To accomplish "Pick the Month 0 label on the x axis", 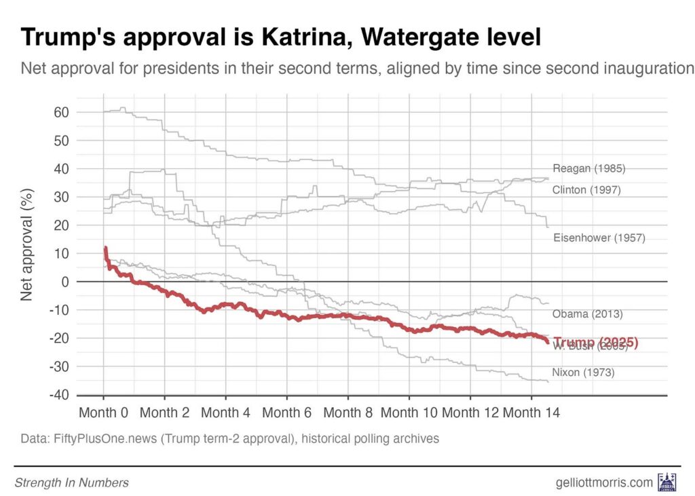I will tap(103, 413).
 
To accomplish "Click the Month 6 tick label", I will tap(287, 413).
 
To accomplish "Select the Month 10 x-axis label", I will tap(409, 413).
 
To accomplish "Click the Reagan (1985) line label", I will tap(588, 169).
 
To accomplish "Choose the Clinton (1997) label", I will tap(586, 190).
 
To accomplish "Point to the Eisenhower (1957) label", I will tap(599, 237).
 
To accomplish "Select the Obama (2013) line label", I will tap(587, 314).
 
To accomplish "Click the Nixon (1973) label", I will tap(583, 372).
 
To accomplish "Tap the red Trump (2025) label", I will tap(596, 343).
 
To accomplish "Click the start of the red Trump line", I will tap(105, 249).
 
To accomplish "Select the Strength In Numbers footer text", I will tap(71, 483).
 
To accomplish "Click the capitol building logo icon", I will tap(666, 482).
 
